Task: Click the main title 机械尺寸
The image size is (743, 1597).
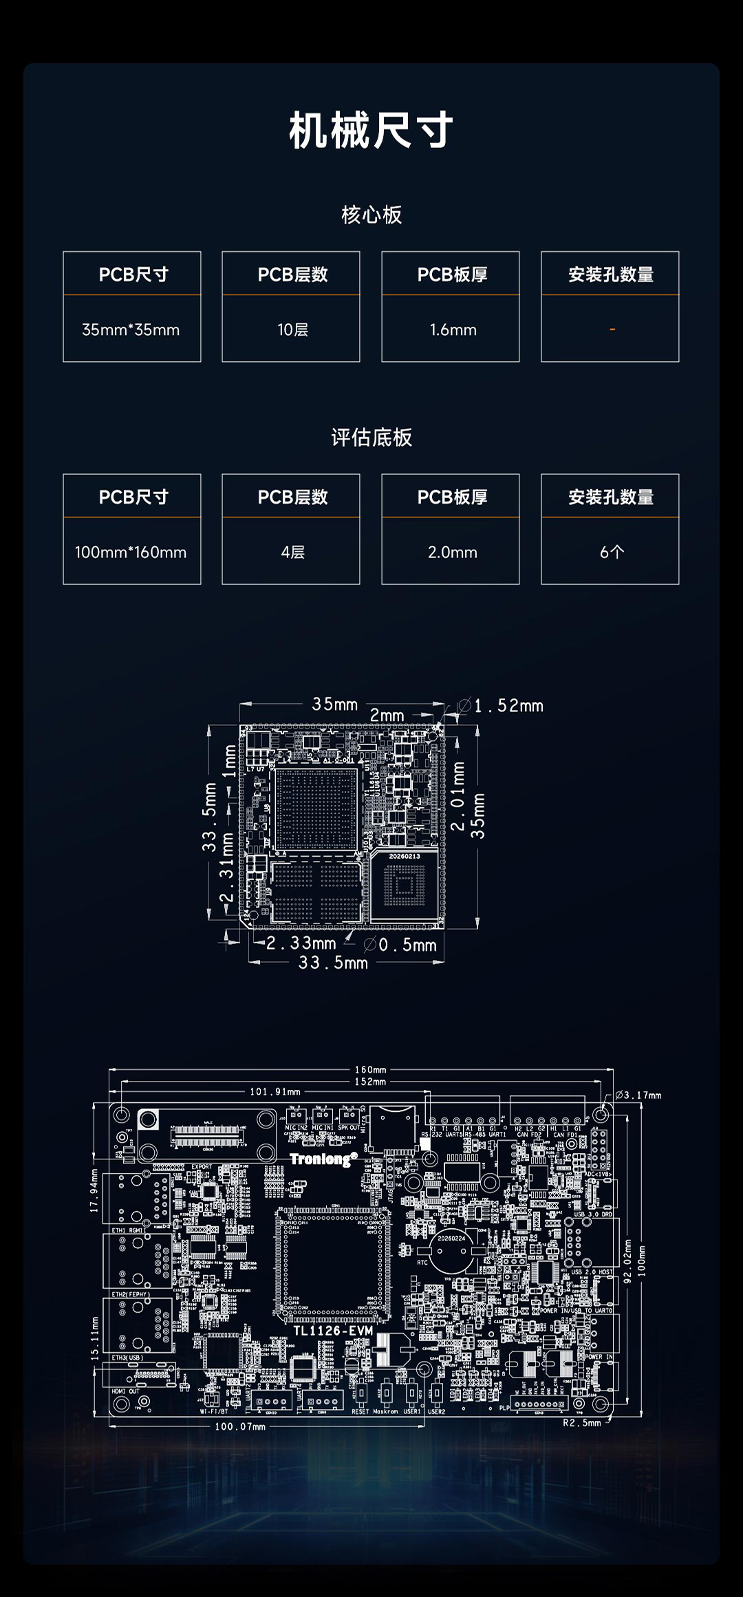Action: [x=371, y=130]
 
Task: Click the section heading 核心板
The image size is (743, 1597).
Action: [x=371, y=215]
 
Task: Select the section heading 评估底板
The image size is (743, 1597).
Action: [x=371, y=438]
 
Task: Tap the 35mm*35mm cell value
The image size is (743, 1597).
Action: [x=131, y=330]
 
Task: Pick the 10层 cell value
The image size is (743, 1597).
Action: [x=292, y=330]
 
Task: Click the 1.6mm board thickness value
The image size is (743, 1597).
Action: [x=453, y=330]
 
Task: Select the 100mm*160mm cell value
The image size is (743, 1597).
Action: [x=131, y=553]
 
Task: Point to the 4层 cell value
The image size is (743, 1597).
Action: [x=292, y=553]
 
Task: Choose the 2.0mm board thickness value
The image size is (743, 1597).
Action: [x=453, y=553]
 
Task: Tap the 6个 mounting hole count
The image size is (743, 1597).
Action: [x=612, y=553]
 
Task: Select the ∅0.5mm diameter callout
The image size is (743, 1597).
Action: [x=401, y=945]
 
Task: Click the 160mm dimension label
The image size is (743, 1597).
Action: [x=370, y=1070]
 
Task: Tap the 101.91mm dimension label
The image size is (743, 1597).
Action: [x=275, y=1091]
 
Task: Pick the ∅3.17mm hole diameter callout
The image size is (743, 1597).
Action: [x=638, y=1095]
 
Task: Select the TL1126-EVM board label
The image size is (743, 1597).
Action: [x=333, y=1331]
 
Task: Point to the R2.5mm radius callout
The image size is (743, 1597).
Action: [x=582, y=1423]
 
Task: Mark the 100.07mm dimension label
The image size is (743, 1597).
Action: [x=240, y=1426]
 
